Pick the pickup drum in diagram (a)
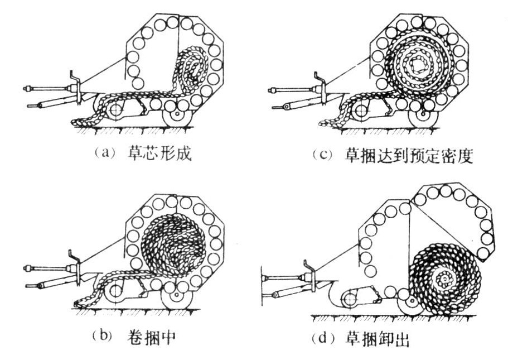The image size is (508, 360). [115, 111]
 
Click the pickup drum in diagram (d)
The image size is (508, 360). [351, 299]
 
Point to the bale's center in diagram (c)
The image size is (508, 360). [415, 66]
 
